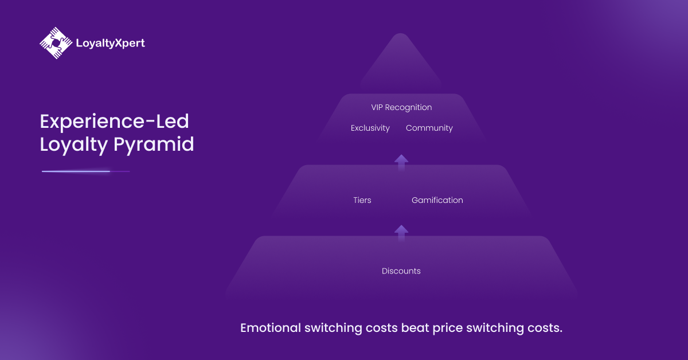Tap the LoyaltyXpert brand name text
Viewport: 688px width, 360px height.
[x=110, y=43]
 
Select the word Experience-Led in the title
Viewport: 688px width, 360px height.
[x=114, y=122]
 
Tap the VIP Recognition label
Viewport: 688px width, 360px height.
[x=401, y=108]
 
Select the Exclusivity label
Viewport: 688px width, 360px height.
[x=370, y=128]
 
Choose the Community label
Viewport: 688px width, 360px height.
[x=429, y=128]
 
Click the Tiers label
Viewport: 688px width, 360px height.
[x=362, y=200]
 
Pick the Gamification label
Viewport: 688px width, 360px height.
[x=437, y=200]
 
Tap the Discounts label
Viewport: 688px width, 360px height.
[x=401, y=271]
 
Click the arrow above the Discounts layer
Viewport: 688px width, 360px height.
[x=401, y=232]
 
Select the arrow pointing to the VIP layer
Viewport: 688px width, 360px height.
[x=401, y=162]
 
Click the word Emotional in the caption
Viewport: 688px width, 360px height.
[x=271, y=328]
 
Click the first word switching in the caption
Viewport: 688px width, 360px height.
[x=334, y=328]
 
